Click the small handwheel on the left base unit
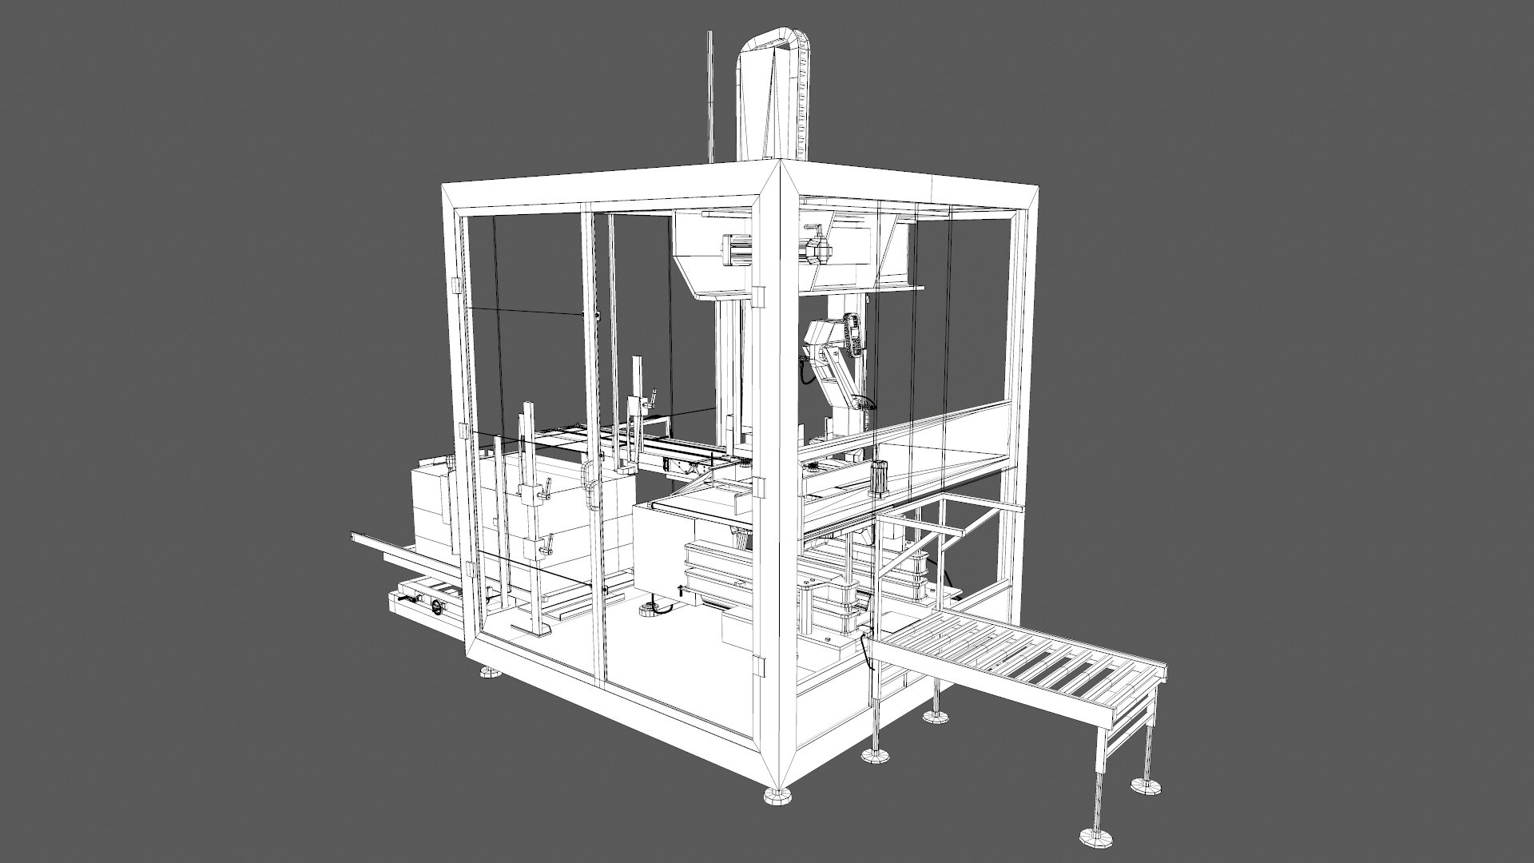[437, 609]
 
